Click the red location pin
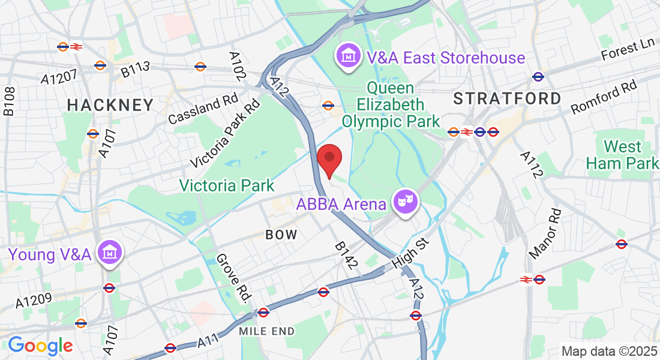329,159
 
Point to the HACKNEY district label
110,105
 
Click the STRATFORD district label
507,98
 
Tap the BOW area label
282,235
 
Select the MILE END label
266,331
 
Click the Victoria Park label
227,185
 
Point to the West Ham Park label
622,154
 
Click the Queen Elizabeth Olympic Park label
391,105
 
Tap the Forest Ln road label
629,49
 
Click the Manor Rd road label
545,233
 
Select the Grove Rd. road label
232,278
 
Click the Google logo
40,346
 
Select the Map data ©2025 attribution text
608,352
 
